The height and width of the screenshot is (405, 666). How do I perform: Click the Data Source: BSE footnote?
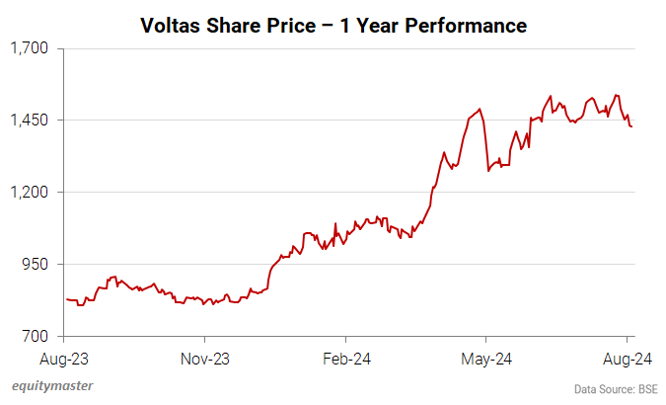tap(616, 389)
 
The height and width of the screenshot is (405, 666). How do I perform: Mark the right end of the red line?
tap(631, 125)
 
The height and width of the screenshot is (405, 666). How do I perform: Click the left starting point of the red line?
tap(66, 298)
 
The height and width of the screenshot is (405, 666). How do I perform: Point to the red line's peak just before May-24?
tap(480, 109)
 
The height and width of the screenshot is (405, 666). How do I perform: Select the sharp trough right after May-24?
tap(488, 171)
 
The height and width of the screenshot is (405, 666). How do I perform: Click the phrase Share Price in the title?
tap(259, 25)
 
